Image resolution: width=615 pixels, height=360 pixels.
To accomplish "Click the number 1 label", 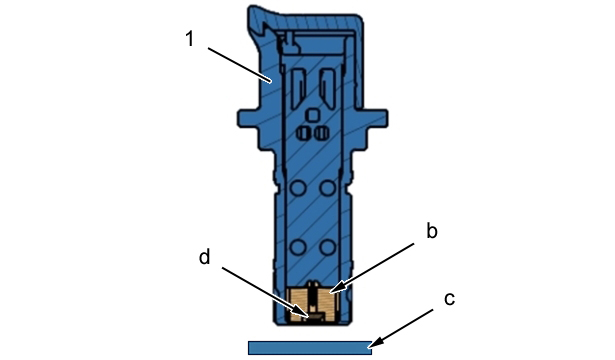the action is point(190,39).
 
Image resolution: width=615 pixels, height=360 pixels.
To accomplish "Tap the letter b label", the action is point(432,231).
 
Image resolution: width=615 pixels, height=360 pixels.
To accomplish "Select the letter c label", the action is point(449,299).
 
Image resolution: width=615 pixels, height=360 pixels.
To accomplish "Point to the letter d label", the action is point(205,257).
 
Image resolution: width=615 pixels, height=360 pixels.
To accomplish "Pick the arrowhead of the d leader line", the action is point(303,313).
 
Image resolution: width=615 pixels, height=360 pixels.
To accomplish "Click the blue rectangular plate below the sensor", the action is point(310,348).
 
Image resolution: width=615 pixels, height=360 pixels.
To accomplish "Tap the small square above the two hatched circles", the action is point(313,115).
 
